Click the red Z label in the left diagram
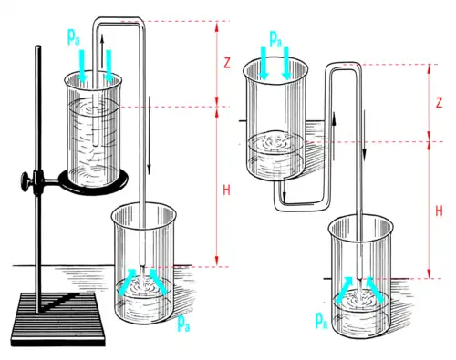[227, 63]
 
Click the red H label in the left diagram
[226, 190]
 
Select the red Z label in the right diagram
[439, 104]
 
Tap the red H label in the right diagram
[439, 211]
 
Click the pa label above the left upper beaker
[74, 37]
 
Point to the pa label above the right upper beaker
[275, 39]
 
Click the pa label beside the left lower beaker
[183, 323]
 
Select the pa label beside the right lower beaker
[321, 320]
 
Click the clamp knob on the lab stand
[26, 181]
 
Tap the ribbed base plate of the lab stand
[57, 319]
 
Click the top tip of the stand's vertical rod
[37, 46]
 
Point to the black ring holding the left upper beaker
[93, 185]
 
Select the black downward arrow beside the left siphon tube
[149, 136]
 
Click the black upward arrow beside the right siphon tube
[334, 136]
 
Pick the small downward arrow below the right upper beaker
[284, 190]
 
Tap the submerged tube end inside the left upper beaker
[96, 144]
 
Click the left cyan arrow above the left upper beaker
[82, 66]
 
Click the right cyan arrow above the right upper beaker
[286, 64]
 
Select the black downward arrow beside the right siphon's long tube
[364, 135]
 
